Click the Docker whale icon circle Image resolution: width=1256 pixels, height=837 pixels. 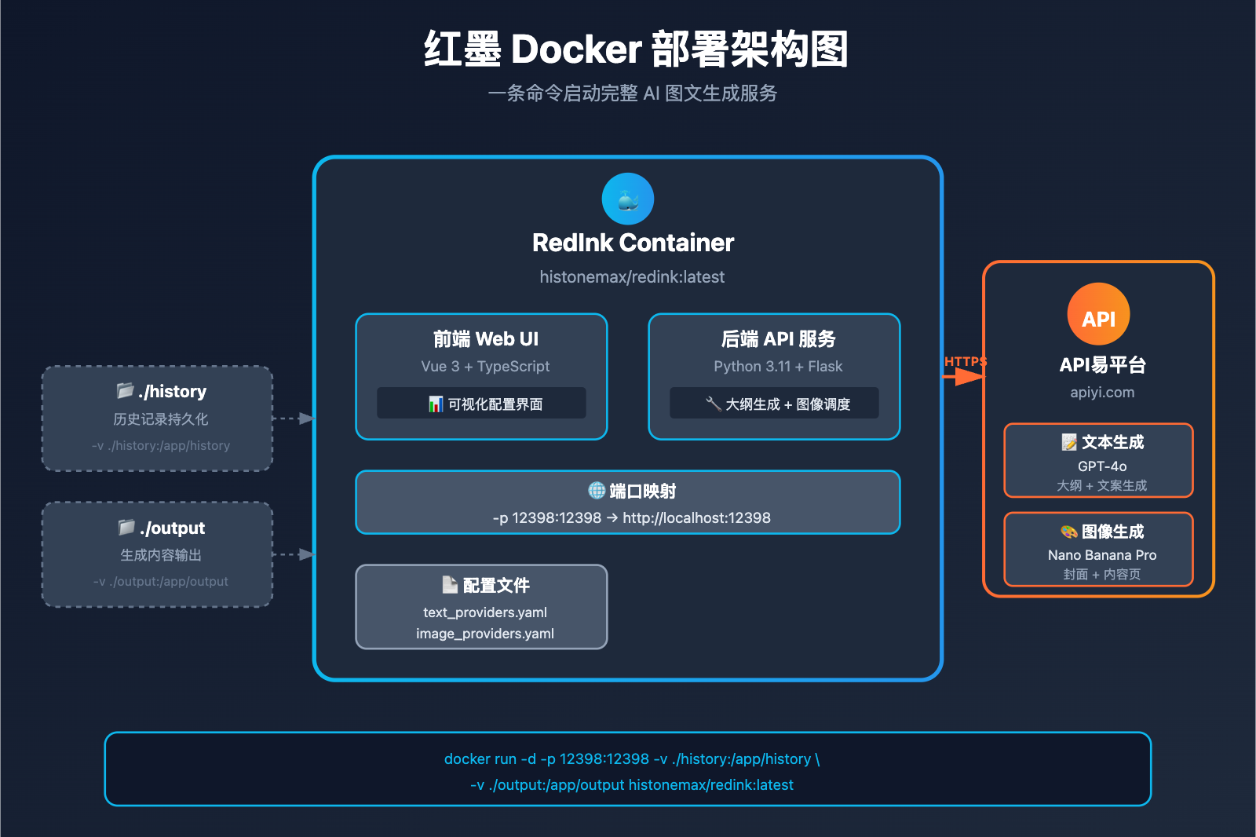(627, 199)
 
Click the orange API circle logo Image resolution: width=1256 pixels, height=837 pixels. (1098, 314)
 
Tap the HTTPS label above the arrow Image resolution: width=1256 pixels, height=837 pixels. (965, 361)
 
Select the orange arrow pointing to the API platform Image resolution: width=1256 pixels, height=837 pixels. (964, 377)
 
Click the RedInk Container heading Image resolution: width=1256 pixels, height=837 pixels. (633, 243)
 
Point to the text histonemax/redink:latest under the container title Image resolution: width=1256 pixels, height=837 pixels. (632, 277)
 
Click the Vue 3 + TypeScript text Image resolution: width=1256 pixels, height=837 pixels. (485, 367)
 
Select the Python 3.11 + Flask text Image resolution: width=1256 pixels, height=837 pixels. (777, 367)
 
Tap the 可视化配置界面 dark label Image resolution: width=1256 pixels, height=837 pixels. (481, 404)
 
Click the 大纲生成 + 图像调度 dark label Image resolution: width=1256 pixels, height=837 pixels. (774, 404)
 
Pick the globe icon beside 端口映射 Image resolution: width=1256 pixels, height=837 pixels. (597, 491)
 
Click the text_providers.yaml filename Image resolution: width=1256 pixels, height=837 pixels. (484, 612)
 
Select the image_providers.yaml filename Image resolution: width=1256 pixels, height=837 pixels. (484, 634)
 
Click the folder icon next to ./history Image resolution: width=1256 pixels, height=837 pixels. (126, 390)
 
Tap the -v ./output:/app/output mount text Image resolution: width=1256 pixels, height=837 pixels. (161, 582)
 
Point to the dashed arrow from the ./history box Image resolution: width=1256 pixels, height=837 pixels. (294, 418)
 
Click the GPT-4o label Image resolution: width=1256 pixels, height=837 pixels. (1101, 466)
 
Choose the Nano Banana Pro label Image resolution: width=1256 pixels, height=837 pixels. (1101, 555)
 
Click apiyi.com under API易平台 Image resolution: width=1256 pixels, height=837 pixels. (1101, 393)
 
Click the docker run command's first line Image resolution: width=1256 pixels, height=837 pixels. (631, 759)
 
